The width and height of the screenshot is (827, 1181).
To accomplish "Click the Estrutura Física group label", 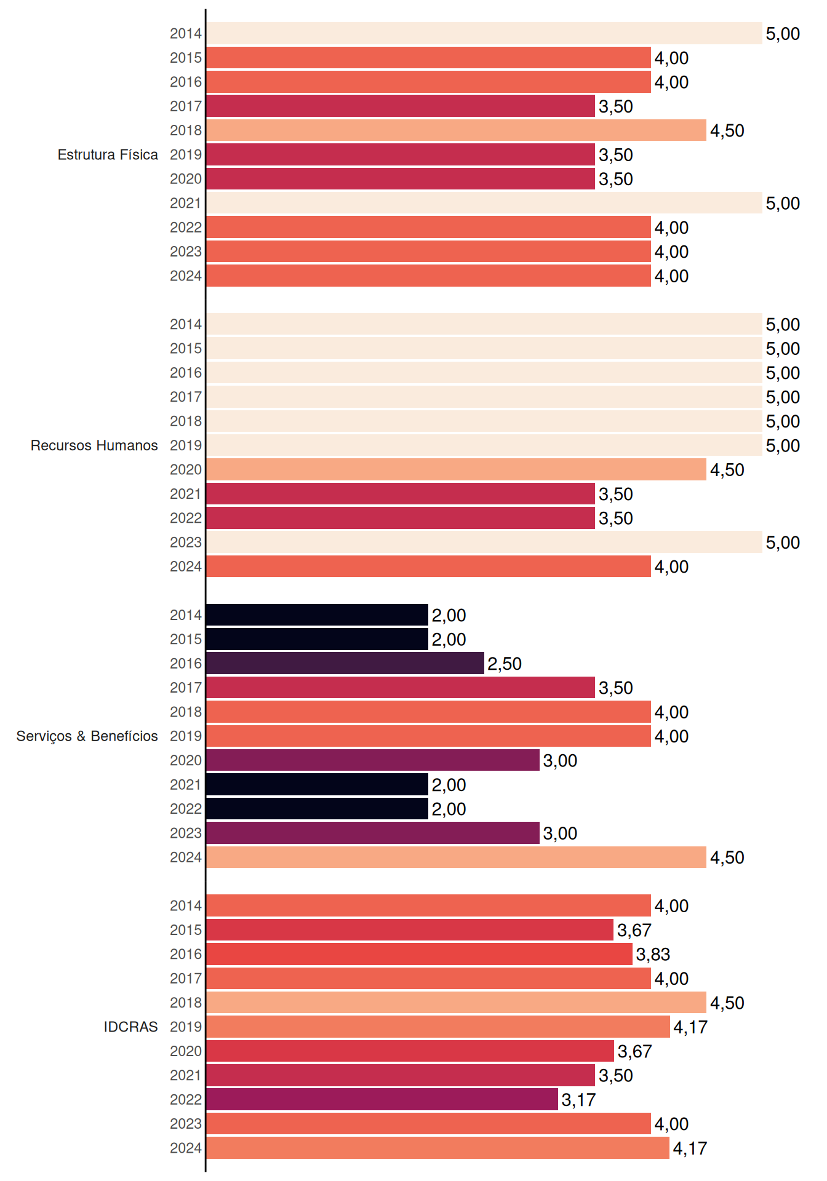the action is point(108,154).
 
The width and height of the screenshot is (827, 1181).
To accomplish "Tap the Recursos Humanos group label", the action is point(94,445).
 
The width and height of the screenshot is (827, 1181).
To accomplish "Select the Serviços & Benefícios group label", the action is point(87,736).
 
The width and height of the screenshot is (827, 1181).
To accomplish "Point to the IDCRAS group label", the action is point(130,1027).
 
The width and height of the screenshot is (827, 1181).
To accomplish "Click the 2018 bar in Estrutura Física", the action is point(456,130).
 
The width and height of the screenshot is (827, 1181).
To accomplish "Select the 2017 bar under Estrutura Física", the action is point(401,106).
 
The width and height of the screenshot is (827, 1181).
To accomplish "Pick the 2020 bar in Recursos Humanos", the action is point(456,469).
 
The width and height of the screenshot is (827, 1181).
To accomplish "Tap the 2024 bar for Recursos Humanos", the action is point(428,567).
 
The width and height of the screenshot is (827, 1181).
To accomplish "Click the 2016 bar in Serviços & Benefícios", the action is point(345,663).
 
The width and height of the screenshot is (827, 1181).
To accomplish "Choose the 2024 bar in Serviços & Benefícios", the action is point(456,857).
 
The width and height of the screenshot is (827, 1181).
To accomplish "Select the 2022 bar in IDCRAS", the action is point(382,1099).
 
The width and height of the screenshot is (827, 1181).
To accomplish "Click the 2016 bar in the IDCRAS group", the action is point(419,954).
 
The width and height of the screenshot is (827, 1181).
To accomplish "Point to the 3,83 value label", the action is point(653,955).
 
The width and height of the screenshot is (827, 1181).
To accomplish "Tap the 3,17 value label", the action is point(578,1100).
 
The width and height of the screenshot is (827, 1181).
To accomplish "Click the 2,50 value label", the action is point(505,664).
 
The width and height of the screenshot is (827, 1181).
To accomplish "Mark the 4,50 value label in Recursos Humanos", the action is point(727,470).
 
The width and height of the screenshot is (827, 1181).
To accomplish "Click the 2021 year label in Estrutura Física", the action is point(186,203).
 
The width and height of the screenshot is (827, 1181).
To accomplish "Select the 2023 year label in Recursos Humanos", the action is point(186,542).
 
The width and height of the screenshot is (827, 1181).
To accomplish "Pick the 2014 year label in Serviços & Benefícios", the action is point(186,614).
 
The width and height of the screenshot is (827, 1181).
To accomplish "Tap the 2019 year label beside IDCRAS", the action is point(186,1027).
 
